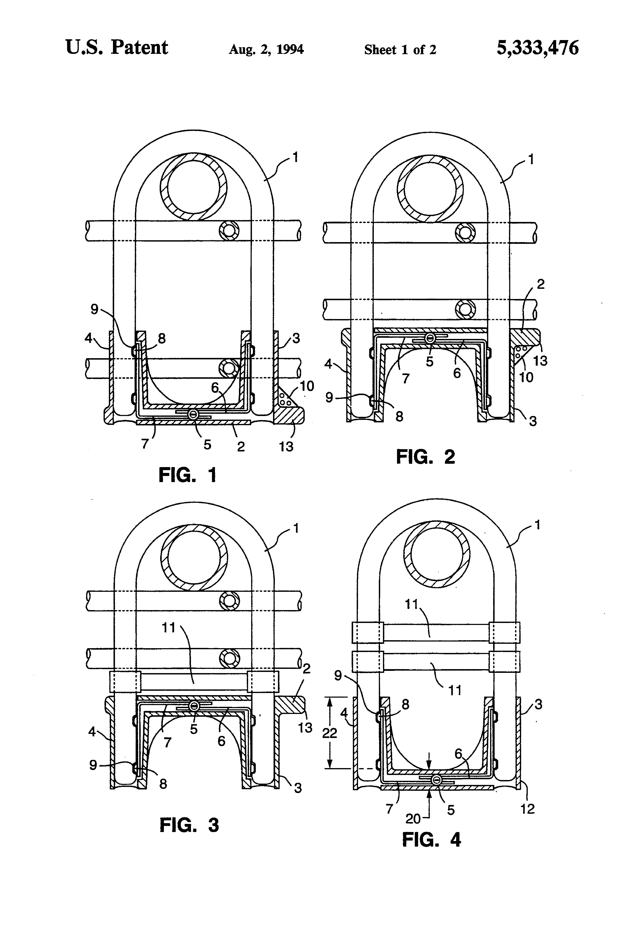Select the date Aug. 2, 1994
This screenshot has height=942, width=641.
click(266, 49)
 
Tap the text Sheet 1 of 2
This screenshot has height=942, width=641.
click(400, 49)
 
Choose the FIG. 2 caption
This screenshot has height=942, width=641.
click(425, 457)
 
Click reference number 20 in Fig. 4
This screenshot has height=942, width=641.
click(413, 819)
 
